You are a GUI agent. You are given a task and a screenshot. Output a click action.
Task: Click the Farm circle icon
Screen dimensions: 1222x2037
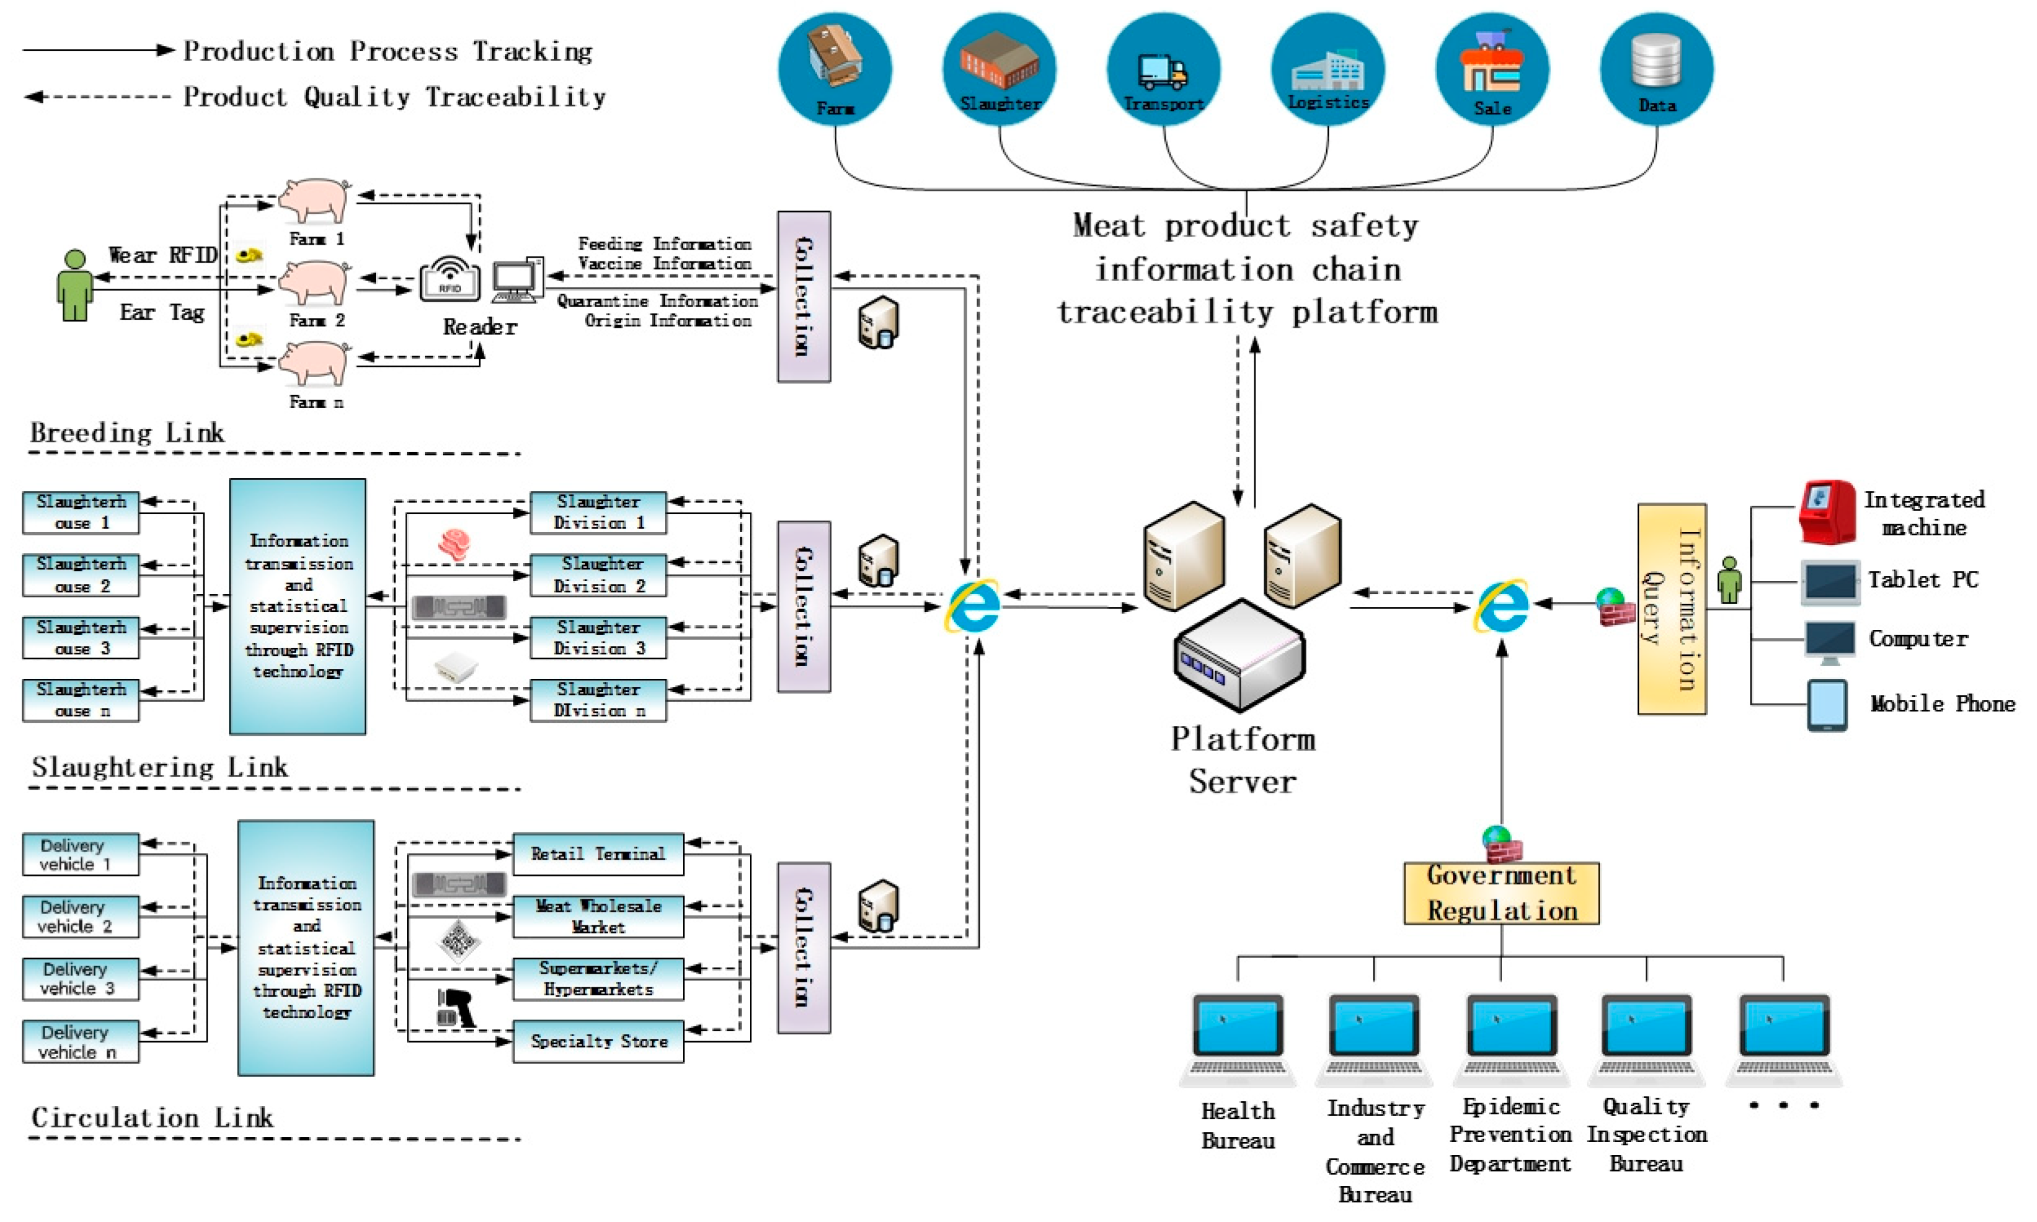coord(834,68)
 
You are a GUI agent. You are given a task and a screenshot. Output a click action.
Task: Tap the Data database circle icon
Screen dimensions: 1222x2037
coord(1656,68)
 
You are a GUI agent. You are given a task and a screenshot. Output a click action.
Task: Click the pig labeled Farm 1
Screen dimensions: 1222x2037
coord(314,200)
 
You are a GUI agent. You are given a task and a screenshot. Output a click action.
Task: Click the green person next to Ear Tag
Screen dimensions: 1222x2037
coord(74,286)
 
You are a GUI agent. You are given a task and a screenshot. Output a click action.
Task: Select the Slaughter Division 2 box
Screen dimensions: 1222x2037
coord(598,575)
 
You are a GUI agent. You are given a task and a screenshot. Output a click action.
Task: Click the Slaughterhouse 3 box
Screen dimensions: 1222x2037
coord(81,637)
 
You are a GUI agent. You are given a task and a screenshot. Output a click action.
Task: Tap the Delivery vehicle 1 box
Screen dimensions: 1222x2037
coord(81,854)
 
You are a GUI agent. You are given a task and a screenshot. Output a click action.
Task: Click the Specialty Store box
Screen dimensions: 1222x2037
coord(598,1042)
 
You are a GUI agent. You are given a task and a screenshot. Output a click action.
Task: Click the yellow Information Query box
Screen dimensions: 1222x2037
coord(1671,609)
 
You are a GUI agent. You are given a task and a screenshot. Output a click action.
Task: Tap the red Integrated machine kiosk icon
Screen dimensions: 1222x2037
coord(1826,512)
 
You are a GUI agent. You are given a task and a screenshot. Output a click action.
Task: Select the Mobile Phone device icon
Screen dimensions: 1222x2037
coord(1826,705)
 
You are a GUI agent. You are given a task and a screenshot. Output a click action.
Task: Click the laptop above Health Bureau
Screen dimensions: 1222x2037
coord(1237,1037)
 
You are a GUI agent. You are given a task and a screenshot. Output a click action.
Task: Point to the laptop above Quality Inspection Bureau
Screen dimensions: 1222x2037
coord(1646,1037)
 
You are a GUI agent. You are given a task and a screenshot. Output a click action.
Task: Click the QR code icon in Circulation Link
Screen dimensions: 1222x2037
coord(458,940)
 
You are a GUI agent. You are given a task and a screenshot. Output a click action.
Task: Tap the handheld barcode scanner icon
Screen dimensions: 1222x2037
coord(455,1008)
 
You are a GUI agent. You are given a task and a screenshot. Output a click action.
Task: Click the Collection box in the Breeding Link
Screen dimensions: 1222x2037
coord(803,297)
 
